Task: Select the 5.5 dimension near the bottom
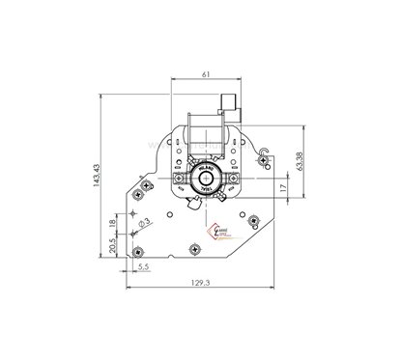(143, 264)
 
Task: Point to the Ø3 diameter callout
(142, 225)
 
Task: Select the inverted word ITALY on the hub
(206, 192)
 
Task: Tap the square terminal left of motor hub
(177, 179)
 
